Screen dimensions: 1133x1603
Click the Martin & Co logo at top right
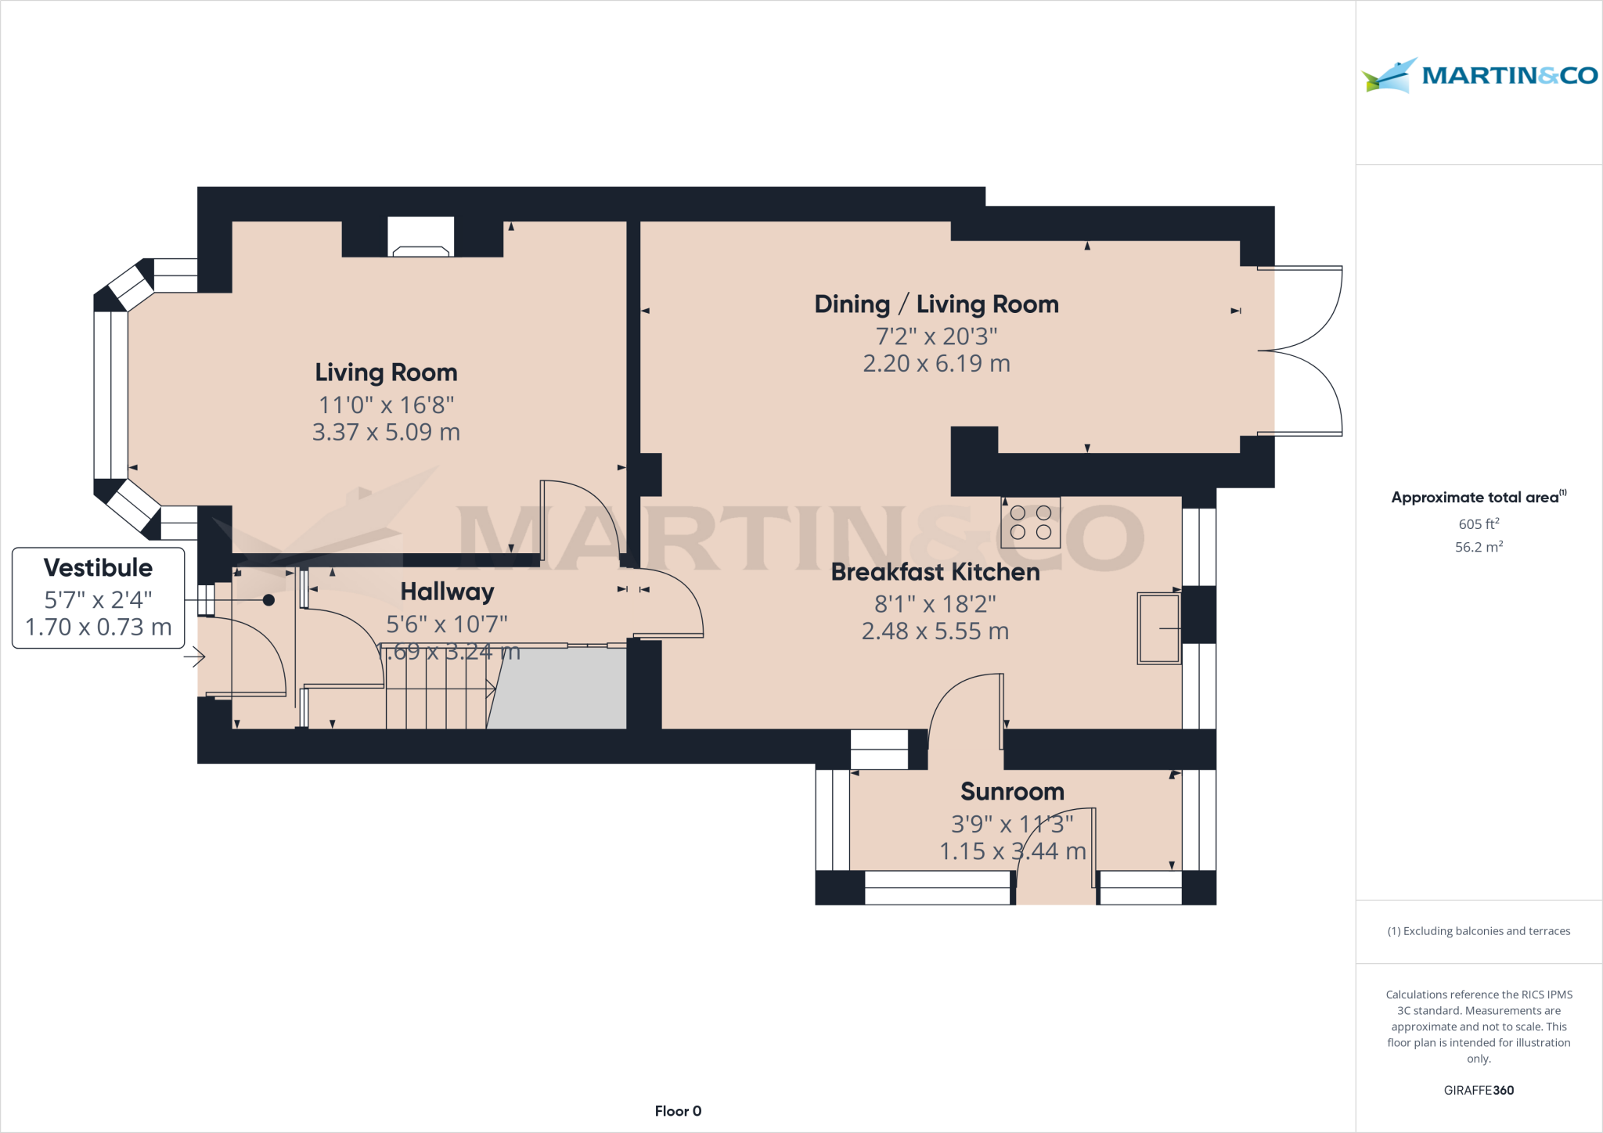click(1479, 76)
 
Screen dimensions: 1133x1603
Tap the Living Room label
click(386, 372)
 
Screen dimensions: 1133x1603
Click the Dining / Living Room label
click(936, 304)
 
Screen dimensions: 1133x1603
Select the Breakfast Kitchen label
click(935, 572)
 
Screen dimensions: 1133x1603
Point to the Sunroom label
click(1012, 792)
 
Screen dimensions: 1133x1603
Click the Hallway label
click(447, 592)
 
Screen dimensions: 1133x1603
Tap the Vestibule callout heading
click(98, 567)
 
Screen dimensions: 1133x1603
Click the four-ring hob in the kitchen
click(1030, 523)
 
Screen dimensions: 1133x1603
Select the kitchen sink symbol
click(1158, 629)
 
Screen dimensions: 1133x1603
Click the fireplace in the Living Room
click(421, 237)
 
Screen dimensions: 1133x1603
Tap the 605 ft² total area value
click(1479, 523)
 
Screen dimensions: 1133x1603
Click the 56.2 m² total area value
click(1479, 547)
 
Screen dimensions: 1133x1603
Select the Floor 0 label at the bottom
click(678, 1111)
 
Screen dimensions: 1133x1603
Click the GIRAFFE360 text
click(1479, 1090)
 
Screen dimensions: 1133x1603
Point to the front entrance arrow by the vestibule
click(194, 658)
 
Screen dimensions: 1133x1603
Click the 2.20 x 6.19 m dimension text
click(936, 364)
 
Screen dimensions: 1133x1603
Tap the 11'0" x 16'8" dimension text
click(386, 405)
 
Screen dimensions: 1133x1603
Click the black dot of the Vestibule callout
click(268, 600)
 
